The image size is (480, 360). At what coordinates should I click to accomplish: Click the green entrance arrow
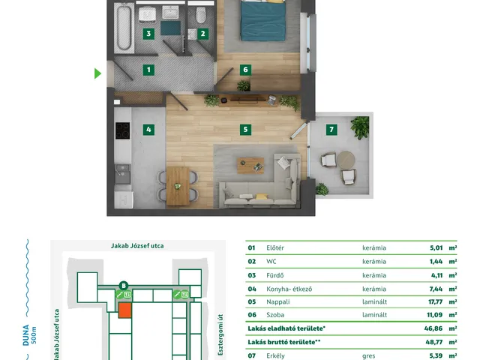tap(97, 73)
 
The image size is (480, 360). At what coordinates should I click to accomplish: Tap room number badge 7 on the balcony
tap(331, 130)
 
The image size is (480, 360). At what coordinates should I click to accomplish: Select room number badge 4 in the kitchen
tap(148, 130)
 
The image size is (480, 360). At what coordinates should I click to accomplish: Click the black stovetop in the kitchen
tap(123, 130)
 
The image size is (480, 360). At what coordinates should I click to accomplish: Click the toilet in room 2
tap(201, 15)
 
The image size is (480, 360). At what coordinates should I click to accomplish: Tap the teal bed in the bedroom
tap(263, 20)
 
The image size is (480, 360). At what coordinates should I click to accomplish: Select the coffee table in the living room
tap(250, 165)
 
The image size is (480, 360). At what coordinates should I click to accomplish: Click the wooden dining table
tap(178, 186)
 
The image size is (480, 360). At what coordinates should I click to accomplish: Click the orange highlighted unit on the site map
tap(125, 310)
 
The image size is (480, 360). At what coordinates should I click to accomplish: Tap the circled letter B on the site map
tap(124, 286)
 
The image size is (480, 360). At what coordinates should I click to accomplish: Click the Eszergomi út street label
tap(220, 335)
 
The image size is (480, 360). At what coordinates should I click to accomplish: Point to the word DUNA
tap(26, 335)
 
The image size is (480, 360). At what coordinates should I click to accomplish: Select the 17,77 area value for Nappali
tap(435, 301)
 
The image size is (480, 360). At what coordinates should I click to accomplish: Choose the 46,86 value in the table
tap(433, 328)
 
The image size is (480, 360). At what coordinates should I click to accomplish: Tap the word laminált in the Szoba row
tap(374, 315)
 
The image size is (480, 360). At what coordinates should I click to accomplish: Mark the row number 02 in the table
tap(252, 262)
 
